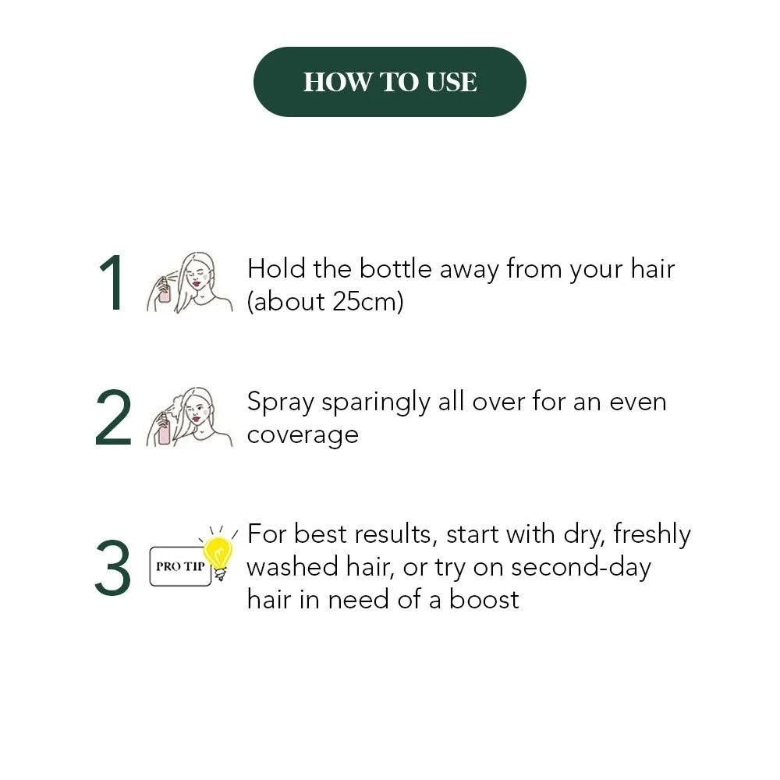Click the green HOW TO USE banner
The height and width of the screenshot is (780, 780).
(x=389, y=82)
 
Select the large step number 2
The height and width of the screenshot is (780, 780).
(x=113, y=417)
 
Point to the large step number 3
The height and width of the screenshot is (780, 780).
(x=113, y=568)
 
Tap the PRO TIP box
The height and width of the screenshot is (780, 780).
(x=180, y=566)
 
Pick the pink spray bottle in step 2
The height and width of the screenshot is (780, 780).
(x=164, y=429)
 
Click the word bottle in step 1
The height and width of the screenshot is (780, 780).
(x=395, y=268)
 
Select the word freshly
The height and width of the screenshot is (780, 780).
(x=651, y=535)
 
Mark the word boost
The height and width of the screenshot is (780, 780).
(x=484, y=600)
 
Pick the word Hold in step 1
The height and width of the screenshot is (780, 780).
(x=276, y=268)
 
